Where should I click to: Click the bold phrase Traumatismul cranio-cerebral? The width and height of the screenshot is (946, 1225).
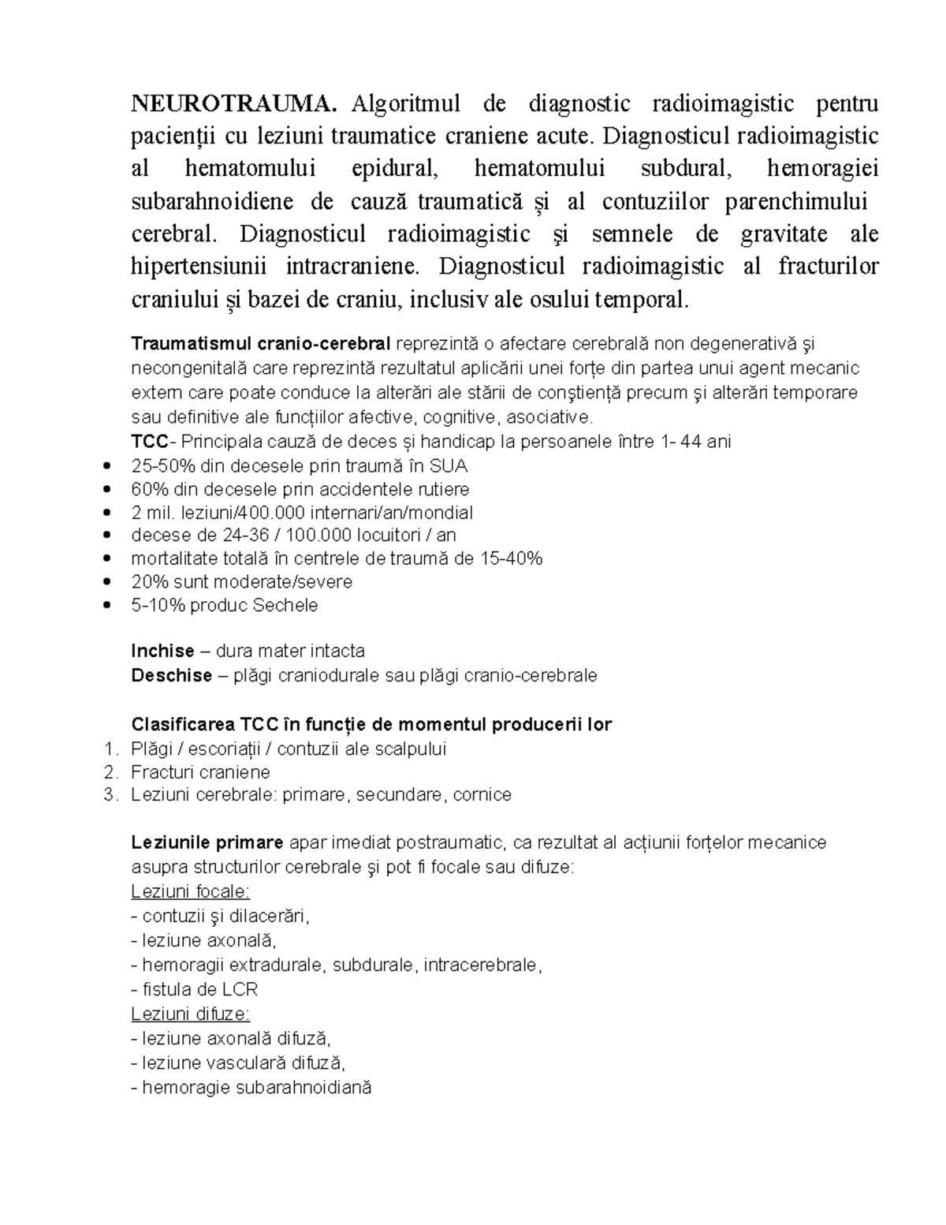[x=261, y=344]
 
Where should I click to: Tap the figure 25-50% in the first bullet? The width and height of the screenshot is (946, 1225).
[x=159, y=465]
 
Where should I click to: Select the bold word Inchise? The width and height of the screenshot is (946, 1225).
[x=162, y=651]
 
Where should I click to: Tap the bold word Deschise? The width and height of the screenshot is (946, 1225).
[x=171, y=675]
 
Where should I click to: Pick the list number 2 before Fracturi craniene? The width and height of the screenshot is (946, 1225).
[x=109, y=771]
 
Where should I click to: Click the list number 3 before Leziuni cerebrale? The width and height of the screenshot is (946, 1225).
[x=109, y=794]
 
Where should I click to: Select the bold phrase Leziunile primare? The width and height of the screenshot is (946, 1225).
[x=207, y=842]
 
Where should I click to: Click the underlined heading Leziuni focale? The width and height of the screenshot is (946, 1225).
[x=190, y=891]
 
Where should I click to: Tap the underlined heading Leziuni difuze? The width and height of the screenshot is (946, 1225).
[x=190, y=1014]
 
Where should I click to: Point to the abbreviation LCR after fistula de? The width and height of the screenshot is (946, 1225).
[x=240, y=989]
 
